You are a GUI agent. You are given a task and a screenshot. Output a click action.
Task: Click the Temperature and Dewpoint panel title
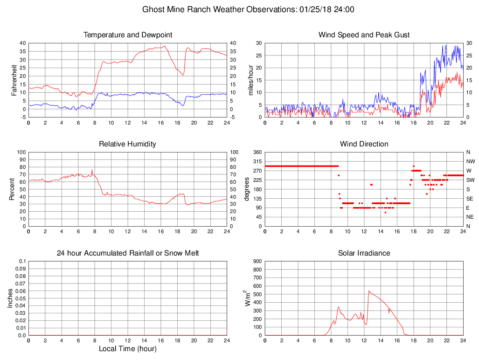[x=128, y=35]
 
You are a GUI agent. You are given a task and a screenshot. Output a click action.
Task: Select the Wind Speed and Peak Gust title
[x=364, y=35]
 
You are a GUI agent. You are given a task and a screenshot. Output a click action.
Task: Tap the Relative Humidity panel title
[x=128, y=144]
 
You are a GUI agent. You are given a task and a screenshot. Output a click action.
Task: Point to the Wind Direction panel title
[x=364, y=144]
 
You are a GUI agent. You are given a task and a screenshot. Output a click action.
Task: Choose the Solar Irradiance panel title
[x=364, y=253]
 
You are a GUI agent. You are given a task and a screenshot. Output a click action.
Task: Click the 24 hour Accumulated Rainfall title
[x=128, y=253]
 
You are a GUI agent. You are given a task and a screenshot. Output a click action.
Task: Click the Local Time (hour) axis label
[x=128, y=348]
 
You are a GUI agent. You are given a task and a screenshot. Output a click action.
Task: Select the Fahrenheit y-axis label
[x=14, y=80]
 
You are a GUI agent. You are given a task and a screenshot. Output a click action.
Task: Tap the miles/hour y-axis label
[x=250, y=80]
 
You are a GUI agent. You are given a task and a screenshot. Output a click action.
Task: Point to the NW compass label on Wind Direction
[x=470, y=161]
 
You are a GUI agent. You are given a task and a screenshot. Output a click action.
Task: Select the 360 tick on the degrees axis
[x=257, y=152]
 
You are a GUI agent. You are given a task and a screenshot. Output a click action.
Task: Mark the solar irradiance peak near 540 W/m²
[x=369, y=291]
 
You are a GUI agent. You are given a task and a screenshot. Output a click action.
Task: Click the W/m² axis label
[x=248, y=298]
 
